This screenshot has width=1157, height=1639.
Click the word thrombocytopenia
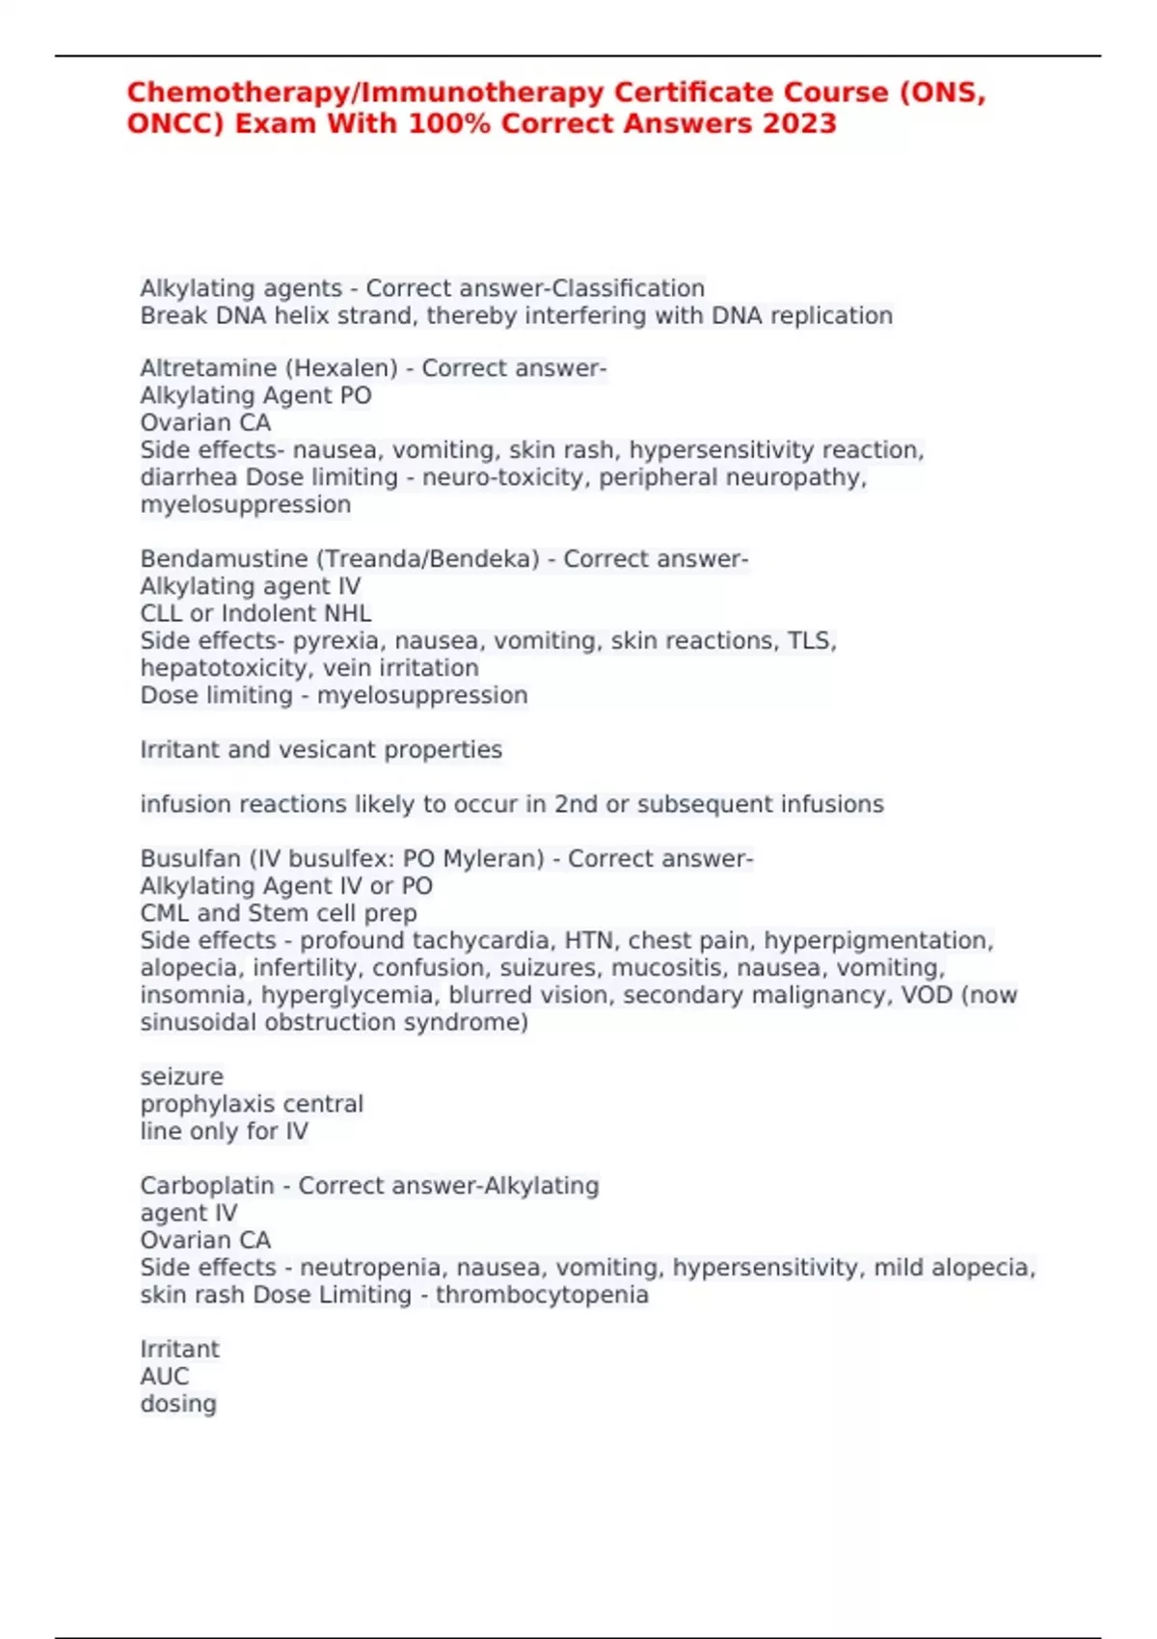tap(542, 1295)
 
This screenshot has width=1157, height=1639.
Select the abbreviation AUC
tap(164, 1377)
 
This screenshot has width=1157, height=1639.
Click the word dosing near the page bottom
tap(177, 1404)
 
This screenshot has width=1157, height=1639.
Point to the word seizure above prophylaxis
tap(181, 1077)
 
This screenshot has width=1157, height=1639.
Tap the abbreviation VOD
tap(926, 995)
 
